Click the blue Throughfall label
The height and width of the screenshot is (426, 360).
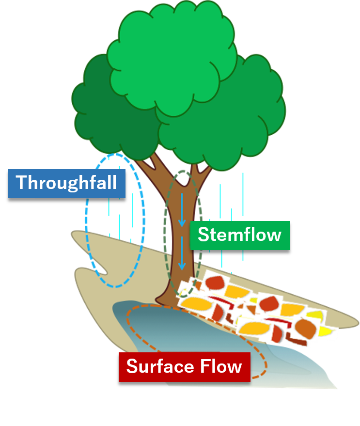[x=67, y=183]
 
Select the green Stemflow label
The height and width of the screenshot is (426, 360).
[x=239, y=236]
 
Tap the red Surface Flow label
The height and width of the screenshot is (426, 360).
[x=184, y=366]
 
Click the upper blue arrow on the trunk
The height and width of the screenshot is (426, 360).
[x=182, y=211]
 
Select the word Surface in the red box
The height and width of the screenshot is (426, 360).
[x=158, y=366]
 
